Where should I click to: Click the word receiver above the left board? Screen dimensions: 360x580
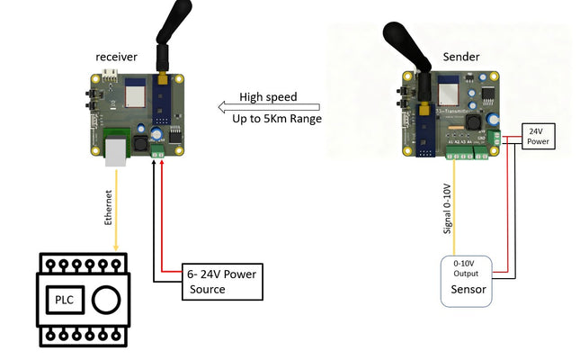tap(117, 57)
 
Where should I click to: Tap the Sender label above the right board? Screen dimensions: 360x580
tap(460, 57)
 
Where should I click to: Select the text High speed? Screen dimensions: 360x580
tap(267, 97)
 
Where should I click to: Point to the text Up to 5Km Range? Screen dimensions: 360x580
tap(276, 119)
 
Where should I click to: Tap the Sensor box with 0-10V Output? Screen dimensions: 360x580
tap(465, 281)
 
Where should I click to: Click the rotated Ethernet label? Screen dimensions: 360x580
tap(109, 207)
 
